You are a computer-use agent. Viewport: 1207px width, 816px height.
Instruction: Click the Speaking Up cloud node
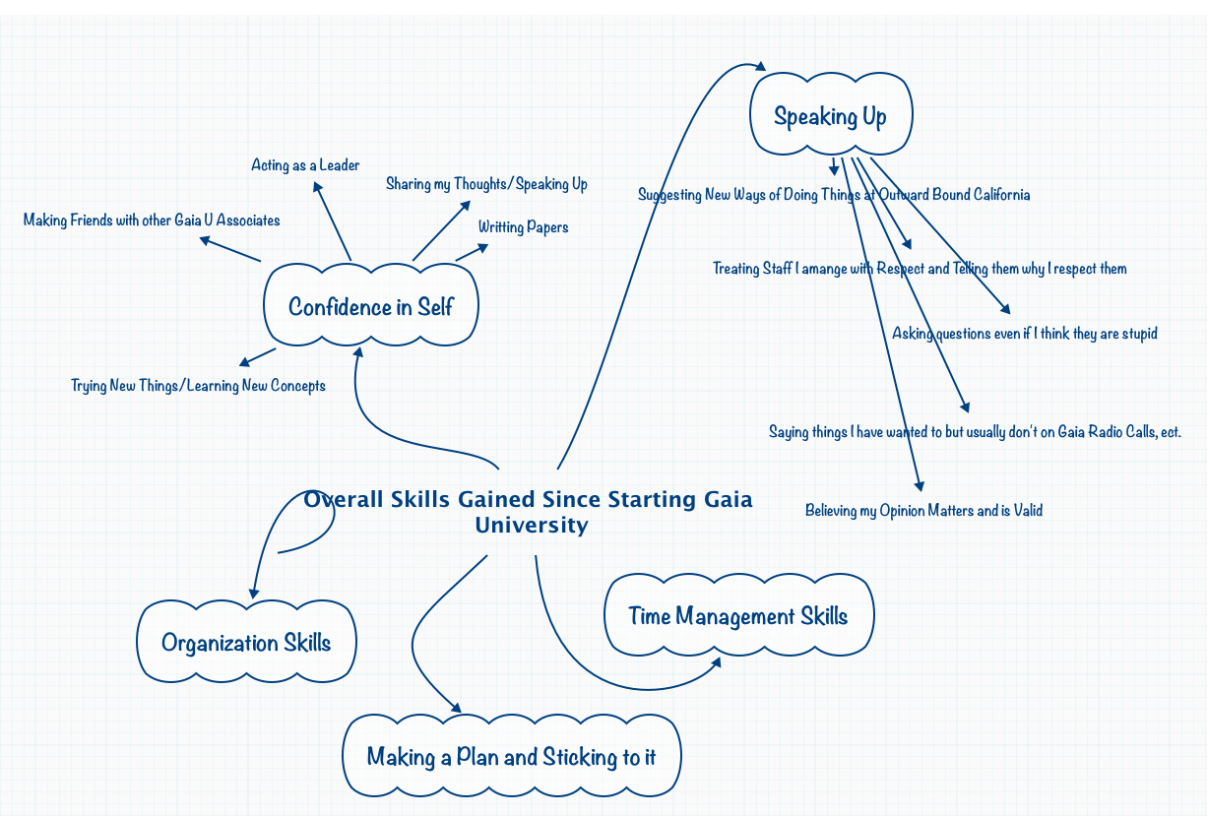click(831, 115)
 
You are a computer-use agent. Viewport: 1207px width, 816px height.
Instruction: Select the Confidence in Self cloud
click(370, 306)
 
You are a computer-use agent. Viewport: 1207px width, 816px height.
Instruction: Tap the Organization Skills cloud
click(246, 643)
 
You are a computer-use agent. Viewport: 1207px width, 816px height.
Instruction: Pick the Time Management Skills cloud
click(737, 616)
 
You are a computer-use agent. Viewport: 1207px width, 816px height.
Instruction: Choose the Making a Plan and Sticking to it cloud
click(511, 756)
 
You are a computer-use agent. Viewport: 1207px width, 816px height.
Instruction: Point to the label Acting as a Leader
click(305, 165)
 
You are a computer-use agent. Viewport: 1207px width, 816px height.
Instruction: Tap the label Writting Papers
click(523, 227)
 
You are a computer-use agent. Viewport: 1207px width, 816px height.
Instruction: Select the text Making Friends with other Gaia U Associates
click(152, 220)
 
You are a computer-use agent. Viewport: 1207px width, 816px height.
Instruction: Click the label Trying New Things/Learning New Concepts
click(198, 385)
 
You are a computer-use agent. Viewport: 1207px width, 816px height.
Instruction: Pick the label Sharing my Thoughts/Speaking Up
click(486, 184)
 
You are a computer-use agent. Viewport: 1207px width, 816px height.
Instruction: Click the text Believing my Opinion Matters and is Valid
click(923, 510)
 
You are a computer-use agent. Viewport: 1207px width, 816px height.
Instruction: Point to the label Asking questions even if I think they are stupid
click(1024, 334)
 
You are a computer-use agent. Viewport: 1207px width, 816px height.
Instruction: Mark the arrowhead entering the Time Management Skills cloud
click(716, 662)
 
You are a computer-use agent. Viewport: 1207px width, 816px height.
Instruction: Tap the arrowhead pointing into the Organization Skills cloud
click(254, 593)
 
